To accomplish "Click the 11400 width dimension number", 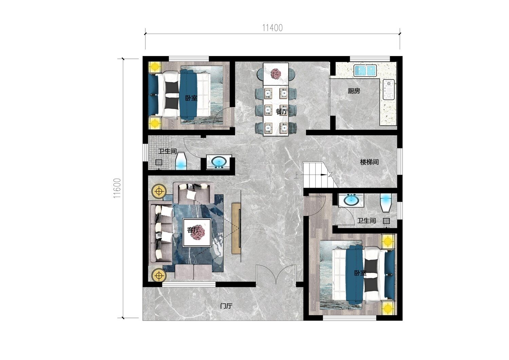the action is (x=272, y=28).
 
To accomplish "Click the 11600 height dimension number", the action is (x=117, y=188).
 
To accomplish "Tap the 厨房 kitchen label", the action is (x=354, y=91).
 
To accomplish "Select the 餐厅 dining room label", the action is (x=282, y=111).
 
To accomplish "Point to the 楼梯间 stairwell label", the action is (x=369, y=162).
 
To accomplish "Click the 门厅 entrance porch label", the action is (x=226, y=306).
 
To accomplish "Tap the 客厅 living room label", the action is (x=193, y=230).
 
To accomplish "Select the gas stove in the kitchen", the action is (x=389, y=90).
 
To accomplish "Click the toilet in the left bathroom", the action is (x=181, y=161).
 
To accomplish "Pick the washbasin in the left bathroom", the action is (x=219, y=162).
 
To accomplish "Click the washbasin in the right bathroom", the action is (x=351, y=200).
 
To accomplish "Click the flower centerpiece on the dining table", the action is (x=276, y=74).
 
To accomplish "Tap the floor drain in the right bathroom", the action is (x=386, y=221).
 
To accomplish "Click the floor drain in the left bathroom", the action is (x=159, y=162).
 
